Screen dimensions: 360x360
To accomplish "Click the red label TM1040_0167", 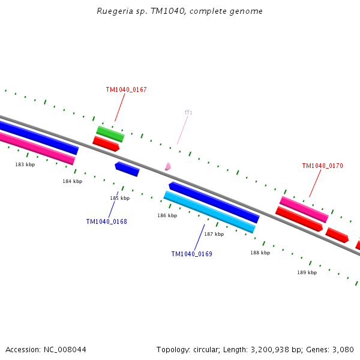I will (126, 90).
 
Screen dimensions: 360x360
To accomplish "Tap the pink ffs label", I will (188, 112).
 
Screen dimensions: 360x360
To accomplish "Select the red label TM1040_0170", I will (322, 166).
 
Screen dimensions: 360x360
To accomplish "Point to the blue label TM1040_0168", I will (106, 221).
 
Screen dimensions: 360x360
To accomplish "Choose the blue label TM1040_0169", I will (191, 254).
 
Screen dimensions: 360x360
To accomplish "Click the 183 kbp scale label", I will (25, 164).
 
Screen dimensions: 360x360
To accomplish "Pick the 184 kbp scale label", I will (73, 181).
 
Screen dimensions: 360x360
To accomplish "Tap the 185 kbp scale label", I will (119, 198).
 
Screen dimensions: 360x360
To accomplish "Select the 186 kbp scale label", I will (167, 215).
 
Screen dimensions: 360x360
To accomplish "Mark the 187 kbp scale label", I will (214, 234).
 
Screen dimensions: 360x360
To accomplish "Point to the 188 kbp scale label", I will (260, 253).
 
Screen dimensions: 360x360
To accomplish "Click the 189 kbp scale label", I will (307, 272).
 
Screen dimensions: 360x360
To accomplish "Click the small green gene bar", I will (110, 134).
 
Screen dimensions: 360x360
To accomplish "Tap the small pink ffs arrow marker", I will (168, 166).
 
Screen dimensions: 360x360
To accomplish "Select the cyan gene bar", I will (209, 212).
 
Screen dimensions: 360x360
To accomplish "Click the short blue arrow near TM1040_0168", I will (127, 169).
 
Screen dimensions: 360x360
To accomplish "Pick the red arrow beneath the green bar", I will (106, 143).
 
